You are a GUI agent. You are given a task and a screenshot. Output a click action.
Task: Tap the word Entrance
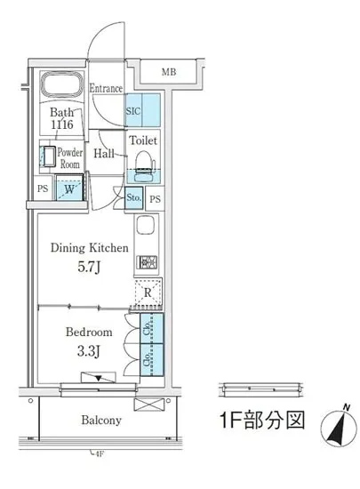coord(105,88)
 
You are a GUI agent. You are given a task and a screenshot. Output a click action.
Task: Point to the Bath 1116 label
coord(62,120)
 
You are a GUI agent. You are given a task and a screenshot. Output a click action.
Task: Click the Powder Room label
coord(69,157)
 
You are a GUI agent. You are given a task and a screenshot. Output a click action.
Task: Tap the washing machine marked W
coord(68,188)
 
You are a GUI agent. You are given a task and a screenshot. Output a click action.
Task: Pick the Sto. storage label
coord(133,198)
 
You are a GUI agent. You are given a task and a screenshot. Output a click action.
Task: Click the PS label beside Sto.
coord(155,199)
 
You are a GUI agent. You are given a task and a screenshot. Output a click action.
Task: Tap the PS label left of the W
coord(43,188)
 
